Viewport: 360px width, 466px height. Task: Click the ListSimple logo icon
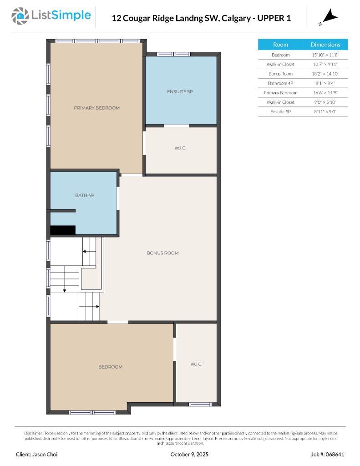(20, 16)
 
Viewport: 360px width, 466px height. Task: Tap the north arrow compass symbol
(330, 18)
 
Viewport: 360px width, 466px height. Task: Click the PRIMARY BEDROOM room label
(96, 108)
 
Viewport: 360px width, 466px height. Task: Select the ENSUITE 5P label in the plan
(180, 91)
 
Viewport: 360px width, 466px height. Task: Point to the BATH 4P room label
(84, 195)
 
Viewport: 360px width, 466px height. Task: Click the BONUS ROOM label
(162, 253)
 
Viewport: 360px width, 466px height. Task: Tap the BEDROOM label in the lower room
(110, 367)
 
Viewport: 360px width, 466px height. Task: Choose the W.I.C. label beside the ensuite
(180, 148)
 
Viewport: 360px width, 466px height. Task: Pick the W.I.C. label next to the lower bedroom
(196, 364)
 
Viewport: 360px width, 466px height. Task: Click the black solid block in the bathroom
(62, 230)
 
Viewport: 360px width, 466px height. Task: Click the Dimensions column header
(325, 45)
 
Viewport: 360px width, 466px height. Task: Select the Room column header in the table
(280, 45)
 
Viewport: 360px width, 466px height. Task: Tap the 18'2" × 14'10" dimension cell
(325, 74)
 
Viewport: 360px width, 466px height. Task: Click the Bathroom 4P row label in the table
(280, 83)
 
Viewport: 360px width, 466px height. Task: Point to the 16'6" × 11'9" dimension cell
(325, 93)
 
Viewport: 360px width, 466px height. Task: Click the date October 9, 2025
(190, 454)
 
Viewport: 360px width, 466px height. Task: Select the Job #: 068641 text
(328, 454)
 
